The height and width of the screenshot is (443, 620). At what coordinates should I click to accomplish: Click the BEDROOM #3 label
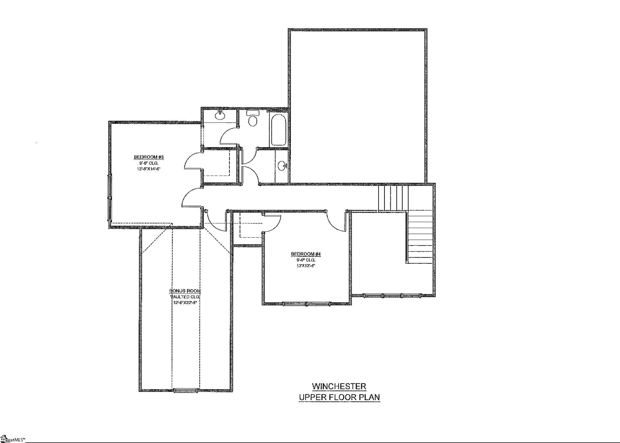149,157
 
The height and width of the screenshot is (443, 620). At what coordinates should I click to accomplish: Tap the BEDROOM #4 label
306,254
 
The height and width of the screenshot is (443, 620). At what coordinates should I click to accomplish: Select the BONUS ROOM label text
185,291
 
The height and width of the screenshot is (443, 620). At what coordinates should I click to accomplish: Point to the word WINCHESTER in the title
339,386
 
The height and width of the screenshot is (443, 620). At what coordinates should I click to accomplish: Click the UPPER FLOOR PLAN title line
339,397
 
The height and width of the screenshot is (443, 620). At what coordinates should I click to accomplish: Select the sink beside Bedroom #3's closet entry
220,115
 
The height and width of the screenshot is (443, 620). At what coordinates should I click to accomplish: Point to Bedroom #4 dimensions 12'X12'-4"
306,266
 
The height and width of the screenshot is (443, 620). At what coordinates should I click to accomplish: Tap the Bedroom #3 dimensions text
149,169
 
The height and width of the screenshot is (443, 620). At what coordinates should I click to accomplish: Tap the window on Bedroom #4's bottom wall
306,304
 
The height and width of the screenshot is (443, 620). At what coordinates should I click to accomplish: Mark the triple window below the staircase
392,296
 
